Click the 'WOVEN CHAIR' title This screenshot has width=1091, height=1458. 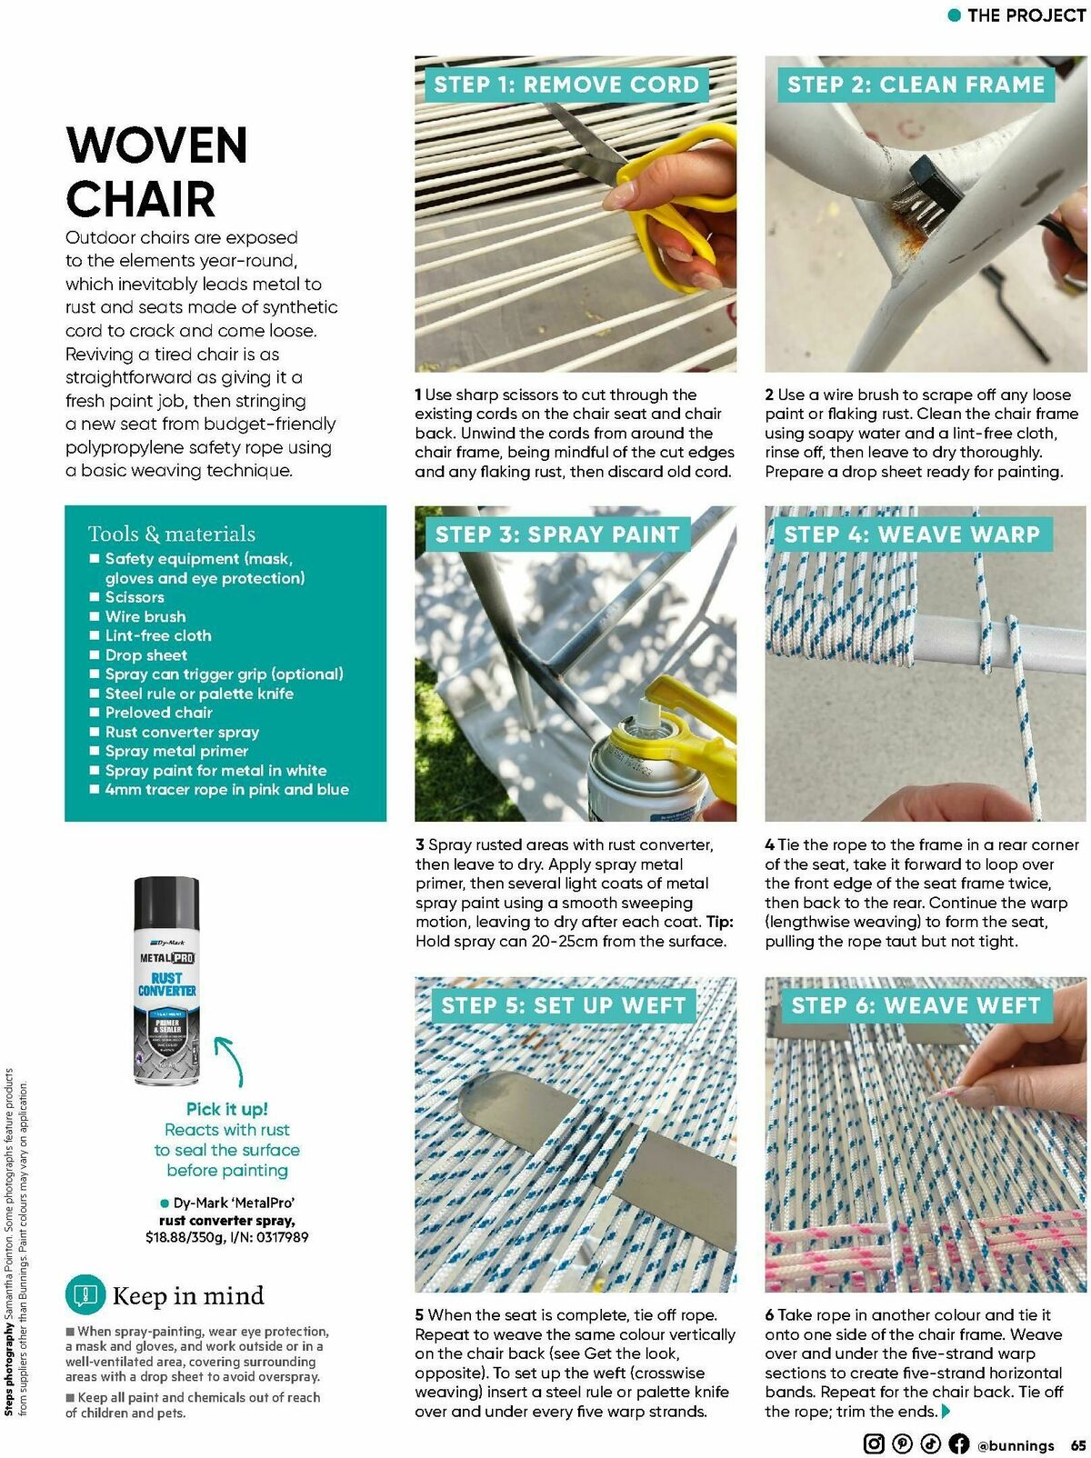[x=156, y=173]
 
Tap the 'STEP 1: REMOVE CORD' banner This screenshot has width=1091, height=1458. [x=566, y=85]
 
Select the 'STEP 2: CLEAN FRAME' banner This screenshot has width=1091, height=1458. [x=916, y=85]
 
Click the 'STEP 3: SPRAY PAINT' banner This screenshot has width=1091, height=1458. [x=557, y=534]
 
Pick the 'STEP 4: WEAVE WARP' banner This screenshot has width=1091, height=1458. [x=912, y=534]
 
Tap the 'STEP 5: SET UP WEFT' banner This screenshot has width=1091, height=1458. [x=563, y=1005]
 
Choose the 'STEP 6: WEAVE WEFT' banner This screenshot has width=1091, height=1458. [x=916, y=1005]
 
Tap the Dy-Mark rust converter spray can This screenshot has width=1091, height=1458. [x=166, y=982]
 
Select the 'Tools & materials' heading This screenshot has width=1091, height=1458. [x=172, y=534]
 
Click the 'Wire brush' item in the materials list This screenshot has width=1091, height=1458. [x=145, y=616]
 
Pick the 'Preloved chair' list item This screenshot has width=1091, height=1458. [x=158, y=713]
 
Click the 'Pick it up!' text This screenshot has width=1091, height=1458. [x=226, y=1109]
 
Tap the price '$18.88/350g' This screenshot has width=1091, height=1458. [x=185, y=1237]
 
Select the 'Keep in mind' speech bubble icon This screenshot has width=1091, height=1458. [x=85, y=1294]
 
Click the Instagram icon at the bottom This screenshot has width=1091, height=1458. [x=873, y=1443]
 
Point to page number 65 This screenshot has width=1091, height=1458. [x=1078, y=1444]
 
